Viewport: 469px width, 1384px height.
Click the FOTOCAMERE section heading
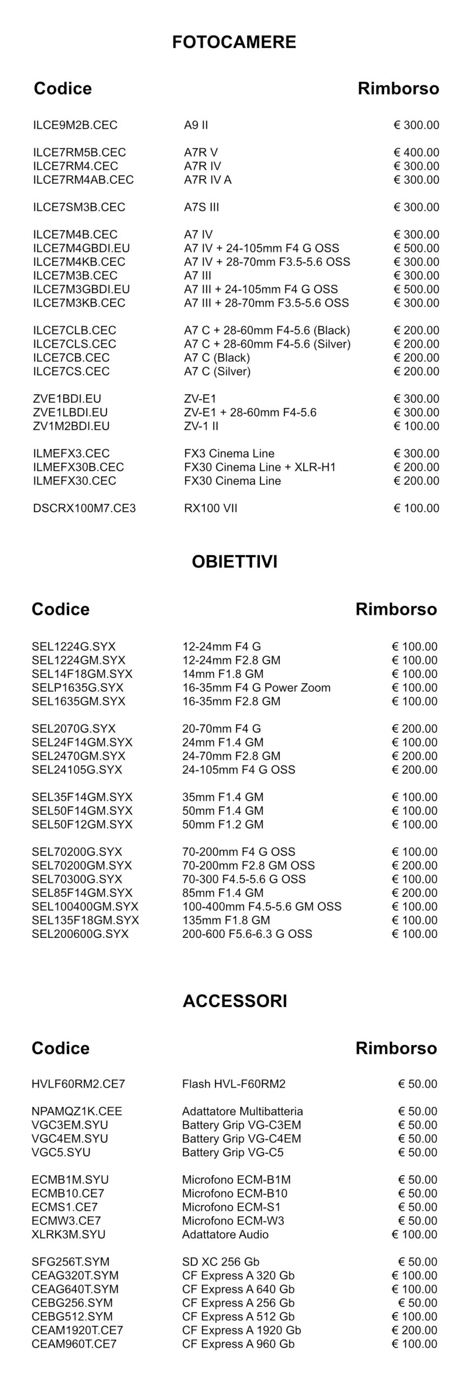tap(234, 42)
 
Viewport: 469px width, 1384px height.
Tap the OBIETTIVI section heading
tap(234, 562)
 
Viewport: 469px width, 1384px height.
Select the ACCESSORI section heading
tap(234, 1001)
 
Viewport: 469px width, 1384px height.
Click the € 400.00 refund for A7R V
tap(416, 152)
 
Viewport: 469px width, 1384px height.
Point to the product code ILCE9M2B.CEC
tap(75, 125)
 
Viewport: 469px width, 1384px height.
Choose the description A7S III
tap(201, 207)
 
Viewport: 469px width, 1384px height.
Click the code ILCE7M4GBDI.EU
tap(81, 248)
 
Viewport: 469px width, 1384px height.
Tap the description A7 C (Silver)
tap(217, 371)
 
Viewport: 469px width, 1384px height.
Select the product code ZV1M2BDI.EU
tap(71, 426)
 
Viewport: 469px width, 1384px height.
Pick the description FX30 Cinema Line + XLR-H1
tap(259, 467)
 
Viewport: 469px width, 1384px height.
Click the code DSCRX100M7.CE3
tap(84, 508)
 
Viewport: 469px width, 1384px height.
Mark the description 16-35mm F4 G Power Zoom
tap(256, 688)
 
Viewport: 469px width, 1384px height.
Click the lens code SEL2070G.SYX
tap(73, 729)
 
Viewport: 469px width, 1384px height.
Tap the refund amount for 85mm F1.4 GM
tap(414, 893)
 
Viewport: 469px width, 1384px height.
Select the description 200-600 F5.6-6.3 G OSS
tap(247, 934)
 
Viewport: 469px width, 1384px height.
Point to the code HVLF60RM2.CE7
tap(78, 1084)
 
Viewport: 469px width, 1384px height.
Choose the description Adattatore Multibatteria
tap(242, 1112)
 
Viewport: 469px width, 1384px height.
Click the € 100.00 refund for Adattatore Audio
tap(414, 1234)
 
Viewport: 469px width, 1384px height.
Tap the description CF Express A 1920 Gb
tap(242, 1330)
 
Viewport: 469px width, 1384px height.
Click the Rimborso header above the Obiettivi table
tap(396, 609)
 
